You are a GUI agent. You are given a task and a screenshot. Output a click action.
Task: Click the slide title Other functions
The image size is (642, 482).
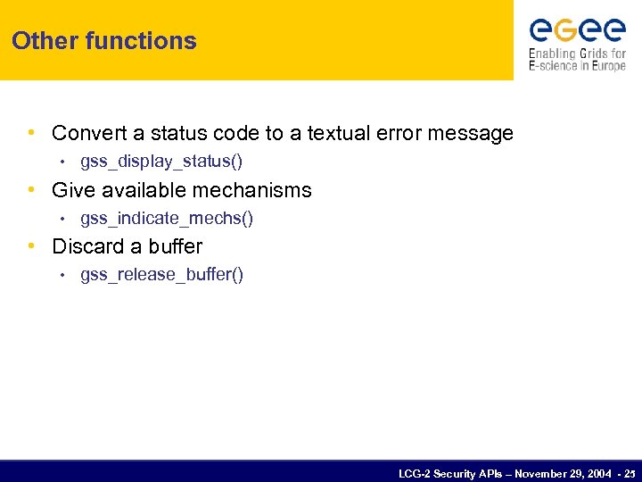coord(104,41)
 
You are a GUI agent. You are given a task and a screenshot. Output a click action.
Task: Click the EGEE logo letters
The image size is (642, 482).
coord(577,31)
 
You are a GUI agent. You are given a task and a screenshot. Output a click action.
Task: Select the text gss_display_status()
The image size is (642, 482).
coord(161,162)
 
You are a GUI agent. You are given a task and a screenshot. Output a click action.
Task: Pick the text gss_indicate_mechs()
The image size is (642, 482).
coord(167,218)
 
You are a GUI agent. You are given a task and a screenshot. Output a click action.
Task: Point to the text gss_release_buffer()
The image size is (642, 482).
coord(161,274)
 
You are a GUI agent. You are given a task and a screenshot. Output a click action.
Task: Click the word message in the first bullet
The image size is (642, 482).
coord(473,134)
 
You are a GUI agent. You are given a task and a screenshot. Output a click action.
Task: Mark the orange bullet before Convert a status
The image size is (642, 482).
coord(32,134)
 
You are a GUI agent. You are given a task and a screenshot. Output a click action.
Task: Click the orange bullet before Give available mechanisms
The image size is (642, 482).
coord(32,190)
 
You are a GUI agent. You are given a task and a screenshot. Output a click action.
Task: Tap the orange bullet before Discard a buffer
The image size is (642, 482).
coord(32,246)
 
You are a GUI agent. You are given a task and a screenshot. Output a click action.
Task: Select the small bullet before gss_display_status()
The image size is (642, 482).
coord(62,162)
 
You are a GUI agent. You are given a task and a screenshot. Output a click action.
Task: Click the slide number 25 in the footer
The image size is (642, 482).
coord(631,472)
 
